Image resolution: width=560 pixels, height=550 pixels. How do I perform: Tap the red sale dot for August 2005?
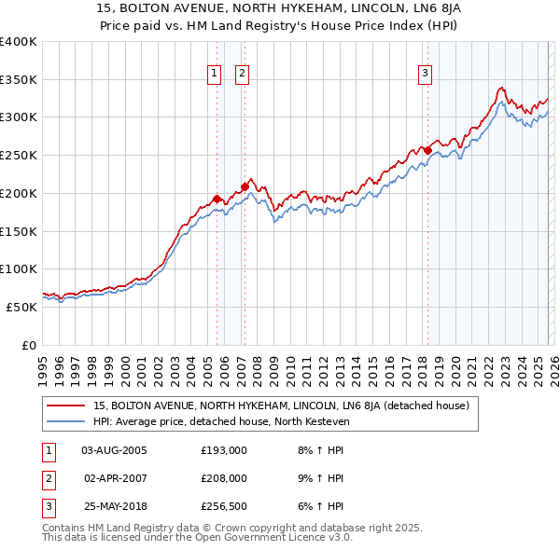coord(217,199)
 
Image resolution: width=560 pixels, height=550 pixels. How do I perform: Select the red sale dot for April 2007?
coord(245,186)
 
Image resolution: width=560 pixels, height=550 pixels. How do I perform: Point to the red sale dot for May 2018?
coord(427,150)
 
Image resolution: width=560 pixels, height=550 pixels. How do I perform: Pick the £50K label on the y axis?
coord(21,307)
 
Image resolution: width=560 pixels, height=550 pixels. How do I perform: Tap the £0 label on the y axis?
coord(28,345)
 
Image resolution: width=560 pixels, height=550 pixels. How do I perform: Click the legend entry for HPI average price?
coord(220,421)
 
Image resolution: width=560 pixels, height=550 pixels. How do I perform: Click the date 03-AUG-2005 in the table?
coord(114,450)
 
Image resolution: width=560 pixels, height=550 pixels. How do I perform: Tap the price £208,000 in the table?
coord(223,478)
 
